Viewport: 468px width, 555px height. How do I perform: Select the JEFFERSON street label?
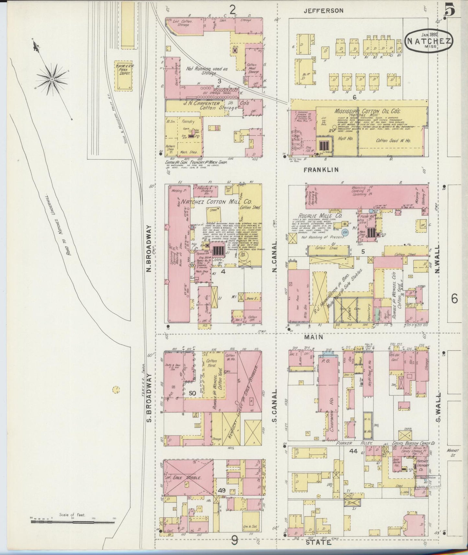[x=324, y=11]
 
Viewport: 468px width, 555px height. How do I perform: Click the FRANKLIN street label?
[x=321, y=169]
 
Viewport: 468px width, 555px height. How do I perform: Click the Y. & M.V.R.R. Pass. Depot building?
[x=123, y=75]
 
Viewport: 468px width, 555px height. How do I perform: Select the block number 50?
[x=192, y=393]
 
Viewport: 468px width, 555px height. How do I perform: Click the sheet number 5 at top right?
[x=451, y=10]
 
